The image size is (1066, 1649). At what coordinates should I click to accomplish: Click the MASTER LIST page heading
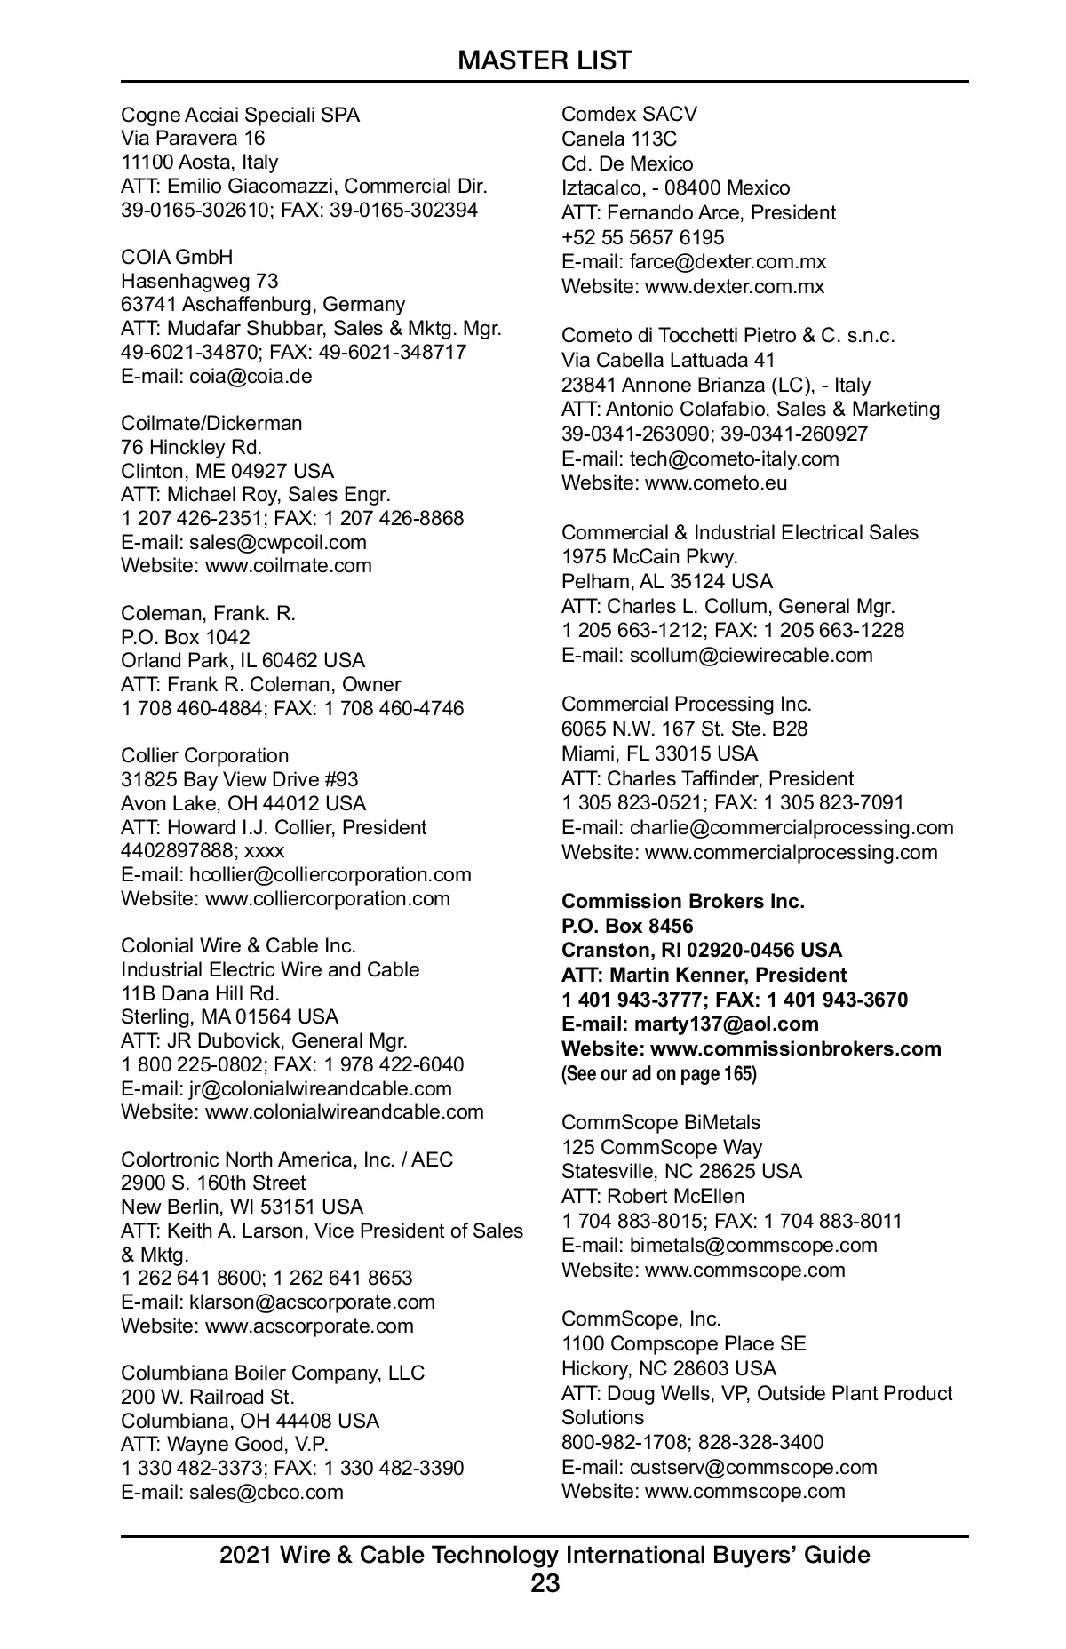coord(545,60)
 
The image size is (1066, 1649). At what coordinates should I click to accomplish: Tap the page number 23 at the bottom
coord(545,1583)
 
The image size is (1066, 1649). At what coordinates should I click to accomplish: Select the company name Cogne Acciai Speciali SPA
coord(240,115)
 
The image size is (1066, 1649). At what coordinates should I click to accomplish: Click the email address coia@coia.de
coord(251,376)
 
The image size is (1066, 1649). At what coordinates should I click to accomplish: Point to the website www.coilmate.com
coord(289,566)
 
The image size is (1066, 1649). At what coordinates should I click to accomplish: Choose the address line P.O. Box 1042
coord(186,637)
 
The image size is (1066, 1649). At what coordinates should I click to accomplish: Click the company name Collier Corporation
coord(204,755)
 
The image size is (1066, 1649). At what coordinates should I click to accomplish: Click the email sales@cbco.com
coord(266,1492)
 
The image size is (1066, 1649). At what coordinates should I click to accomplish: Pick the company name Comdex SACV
coord(629,114)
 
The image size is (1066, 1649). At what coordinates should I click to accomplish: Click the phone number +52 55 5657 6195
coord(642,237)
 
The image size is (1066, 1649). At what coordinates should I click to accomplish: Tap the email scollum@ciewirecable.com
coord(751,655)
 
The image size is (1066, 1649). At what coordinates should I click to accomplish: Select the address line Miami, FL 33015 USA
coord(659,753)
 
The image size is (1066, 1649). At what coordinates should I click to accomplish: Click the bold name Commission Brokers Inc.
coord(682,901)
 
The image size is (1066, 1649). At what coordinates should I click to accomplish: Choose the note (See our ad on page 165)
coord(658,1073)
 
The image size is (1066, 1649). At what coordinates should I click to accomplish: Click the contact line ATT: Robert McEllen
coord(653,1196)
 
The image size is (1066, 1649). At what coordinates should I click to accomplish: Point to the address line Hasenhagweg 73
coord(199,281)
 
